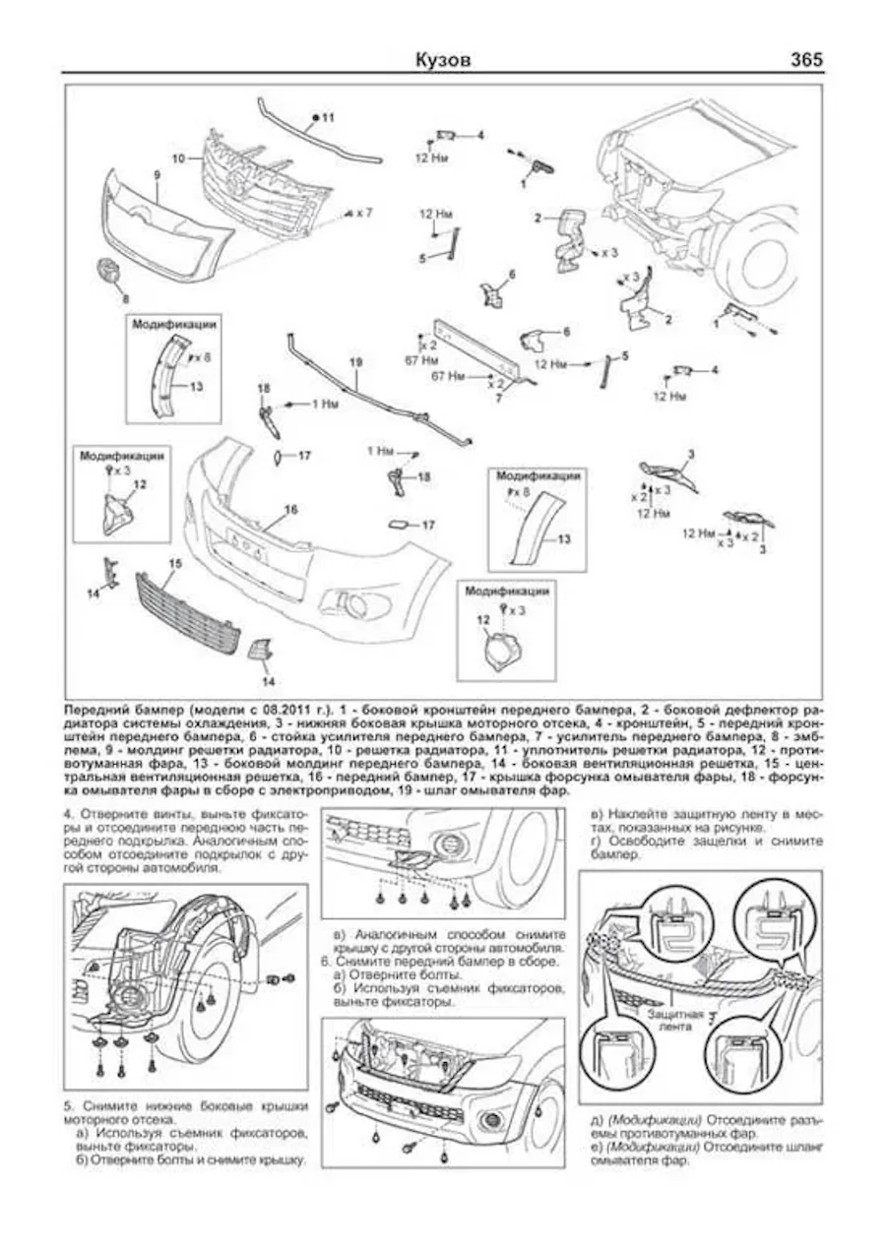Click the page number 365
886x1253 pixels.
pyautogui.click(x=805, y=60)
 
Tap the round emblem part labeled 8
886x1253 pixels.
pyautogui.click(x=109, y=273)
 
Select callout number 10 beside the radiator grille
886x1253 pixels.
pyautogui.click(x=178, y=157)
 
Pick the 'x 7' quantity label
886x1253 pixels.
pyautogui.click(x=363, y=213)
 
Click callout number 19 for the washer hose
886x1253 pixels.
pyautogui.click(x=355, y=362)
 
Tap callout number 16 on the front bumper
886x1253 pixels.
pyautogui.click(x=290, y=509)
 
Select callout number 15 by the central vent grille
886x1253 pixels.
pyautogui.click(x=175, y=563)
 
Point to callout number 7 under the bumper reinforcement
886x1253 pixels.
pyautogui.click(x=499, y=399)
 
